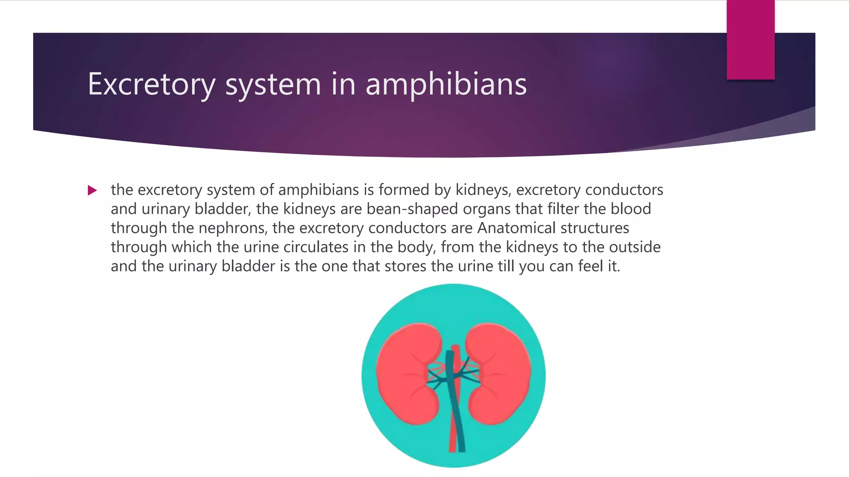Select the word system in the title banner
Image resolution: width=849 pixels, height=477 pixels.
tap(273, 84)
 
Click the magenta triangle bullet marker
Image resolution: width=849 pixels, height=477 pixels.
tap(92, 190)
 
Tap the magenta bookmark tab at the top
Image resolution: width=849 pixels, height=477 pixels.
tap(750, 40)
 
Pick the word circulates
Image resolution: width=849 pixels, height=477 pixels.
tap(316, 247)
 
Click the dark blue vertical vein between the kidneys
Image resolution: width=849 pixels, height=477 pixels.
tap(452, 397)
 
